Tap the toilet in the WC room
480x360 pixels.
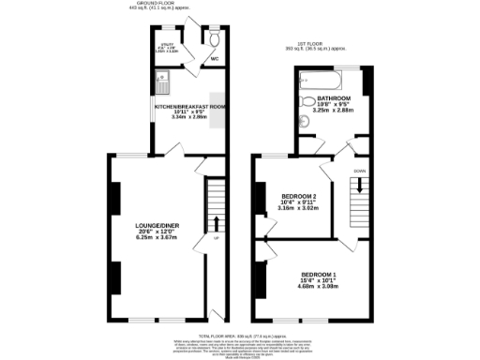(216, 41)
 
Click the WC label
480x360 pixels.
(215, 58)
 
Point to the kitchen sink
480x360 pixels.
(162, 87)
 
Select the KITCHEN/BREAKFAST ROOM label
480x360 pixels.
(190, 107)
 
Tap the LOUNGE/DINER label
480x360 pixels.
(155, 225)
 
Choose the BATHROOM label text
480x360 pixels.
(333, 98)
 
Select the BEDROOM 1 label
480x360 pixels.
(321, 274)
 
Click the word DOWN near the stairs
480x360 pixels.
(360, 172)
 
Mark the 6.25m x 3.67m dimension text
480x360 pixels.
(155, 238)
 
